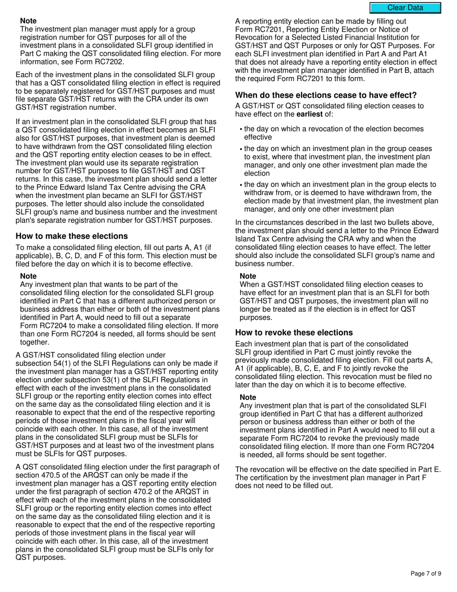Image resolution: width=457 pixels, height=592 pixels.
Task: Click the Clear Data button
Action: point(405,8)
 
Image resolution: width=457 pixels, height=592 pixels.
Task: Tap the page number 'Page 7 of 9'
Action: point(426,573)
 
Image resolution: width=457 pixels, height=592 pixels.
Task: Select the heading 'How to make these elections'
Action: point(72,236)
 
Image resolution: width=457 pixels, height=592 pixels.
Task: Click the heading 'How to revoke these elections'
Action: point(294,333)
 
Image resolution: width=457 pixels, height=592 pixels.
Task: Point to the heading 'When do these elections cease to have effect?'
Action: point(326,95)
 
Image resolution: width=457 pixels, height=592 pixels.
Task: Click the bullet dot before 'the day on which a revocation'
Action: point(241,129)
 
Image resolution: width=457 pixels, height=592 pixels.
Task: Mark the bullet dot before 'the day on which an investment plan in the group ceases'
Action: point(241,149)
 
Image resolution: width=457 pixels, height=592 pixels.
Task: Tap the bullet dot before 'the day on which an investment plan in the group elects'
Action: point(241,185)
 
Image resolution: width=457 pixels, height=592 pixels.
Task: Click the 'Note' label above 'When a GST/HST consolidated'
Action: point(248,276)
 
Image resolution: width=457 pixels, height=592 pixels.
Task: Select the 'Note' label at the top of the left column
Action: point(28,21)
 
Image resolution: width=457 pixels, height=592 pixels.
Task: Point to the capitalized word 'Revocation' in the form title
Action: point(254,38)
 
